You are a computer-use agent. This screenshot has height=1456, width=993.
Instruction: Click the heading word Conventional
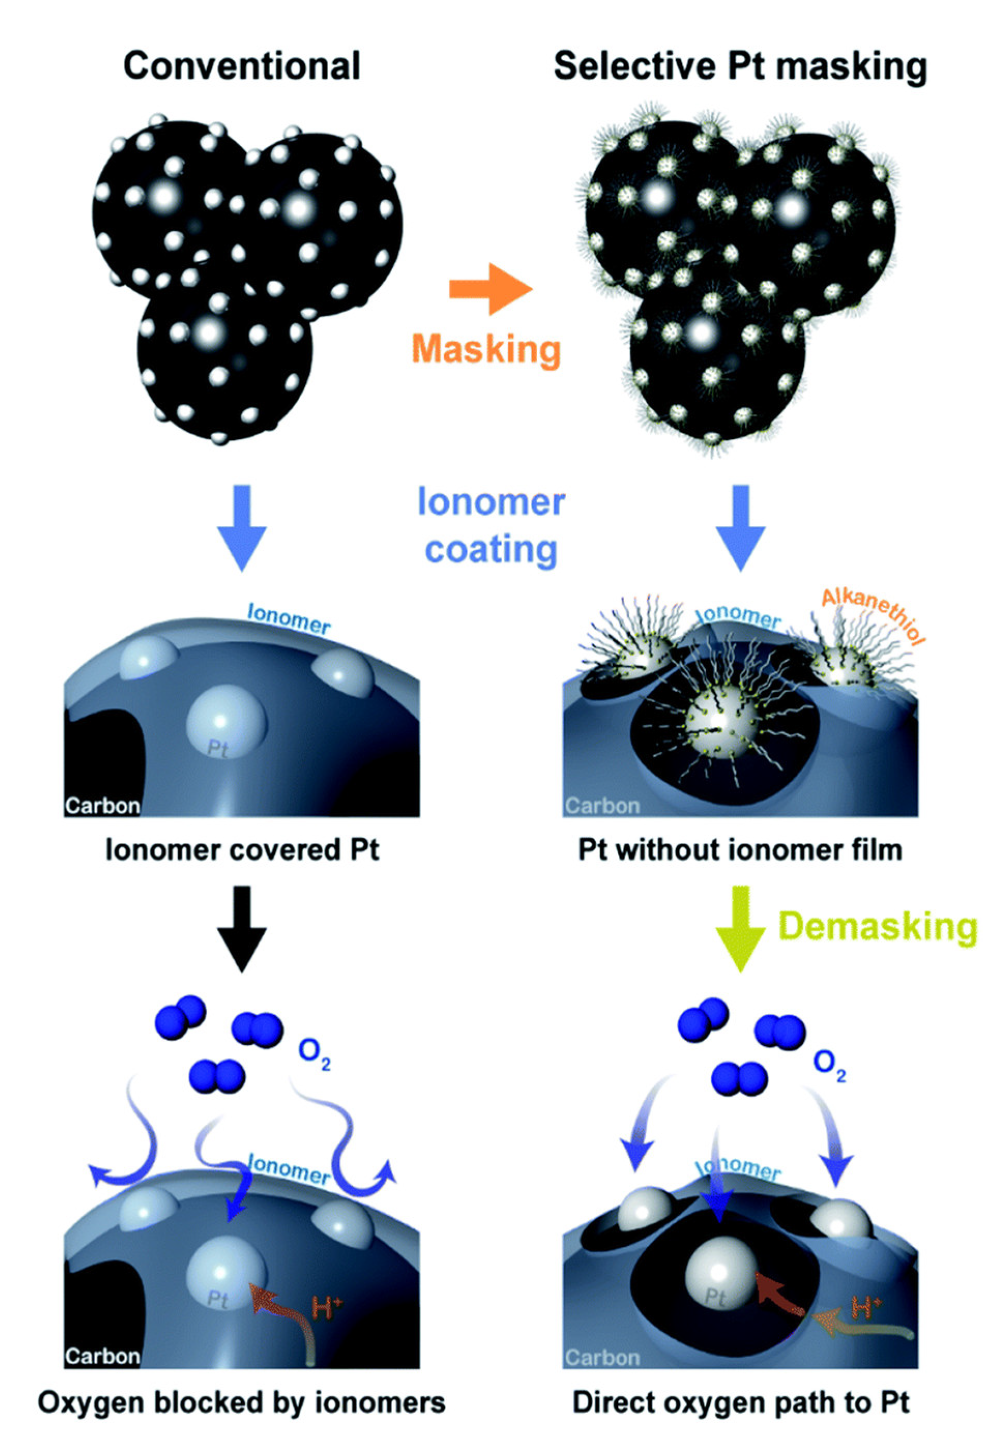[x=242, y=66]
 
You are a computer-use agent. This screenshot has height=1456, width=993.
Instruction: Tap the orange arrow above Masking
[x=490, y=289]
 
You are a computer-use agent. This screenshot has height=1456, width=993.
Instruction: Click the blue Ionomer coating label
[x=492, y=526]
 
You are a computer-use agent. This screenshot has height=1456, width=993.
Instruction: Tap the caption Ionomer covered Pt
[x=242, y=850]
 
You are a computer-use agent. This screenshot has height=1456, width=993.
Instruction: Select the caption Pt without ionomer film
[x=740, y=850]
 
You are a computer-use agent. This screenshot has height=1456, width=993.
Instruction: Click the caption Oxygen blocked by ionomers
[x=242, y=1402]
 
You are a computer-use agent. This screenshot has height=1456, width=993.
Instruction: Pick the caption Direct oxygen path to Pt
[x=740, y=1402]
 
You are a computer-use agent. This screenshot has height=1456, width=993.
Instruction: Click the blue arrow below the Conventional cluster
[x=242, y=526]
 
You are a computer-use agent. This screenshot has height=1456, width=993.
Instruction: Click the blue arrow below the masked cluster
[x=740, y=526]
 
